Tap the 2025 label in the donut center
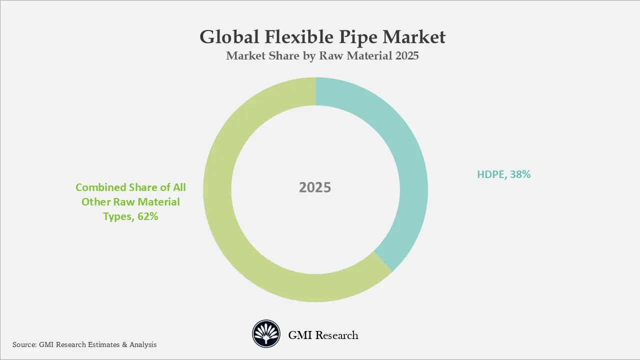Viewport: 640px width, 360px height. tap(315, 187)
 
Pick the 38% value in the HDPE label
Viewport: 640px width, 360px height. tap(520, 174)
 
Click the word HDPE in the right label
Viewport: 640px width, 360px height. tap(491, 174)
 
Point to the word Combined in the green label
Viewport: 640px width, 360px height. tap(100, 187)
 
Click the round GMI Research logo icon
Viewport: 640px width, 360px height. tap(265, 334)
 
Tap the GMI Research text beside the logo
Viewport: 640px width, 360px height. tap(323, 335)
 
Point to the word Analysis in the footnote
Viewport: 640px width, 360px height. tap(143, 344)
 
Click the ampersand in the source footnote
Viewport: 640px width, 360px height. tap(124, 344)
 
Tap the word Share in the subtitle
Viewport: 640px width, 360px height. tap(277, 56)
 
